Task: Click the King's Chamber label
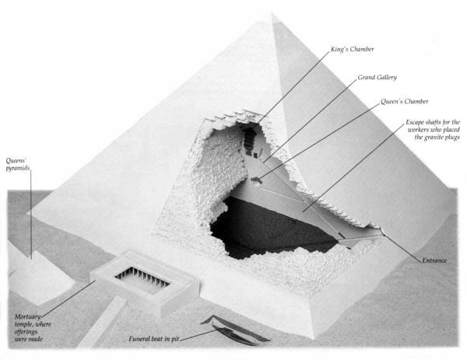coord(353,49)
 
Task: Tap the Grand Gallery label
coord(377,77)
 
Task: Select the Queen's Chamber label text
coord(405,101)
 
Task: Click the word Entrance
coord(434,260)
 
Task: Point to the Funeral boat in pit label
coord(153,339)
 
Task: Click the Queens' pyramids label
coord(18,165)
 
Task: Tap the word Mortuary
coord(27,316)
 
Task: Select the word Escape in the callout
coord(415,122)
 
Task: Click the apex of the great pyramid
coord(272,12)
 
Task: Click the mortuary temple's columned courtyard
coord(142,278)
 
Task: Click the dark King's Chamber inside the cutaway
coord(249,141)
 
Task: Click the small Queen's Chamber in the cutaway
coord(255,180)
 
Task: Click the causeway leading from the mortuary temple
coord(102,322)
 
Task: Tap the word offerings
coord(26,331)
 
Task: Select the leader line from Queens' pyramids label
coord(31,214)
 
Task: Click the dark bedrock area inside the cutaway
coord(268,226)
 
